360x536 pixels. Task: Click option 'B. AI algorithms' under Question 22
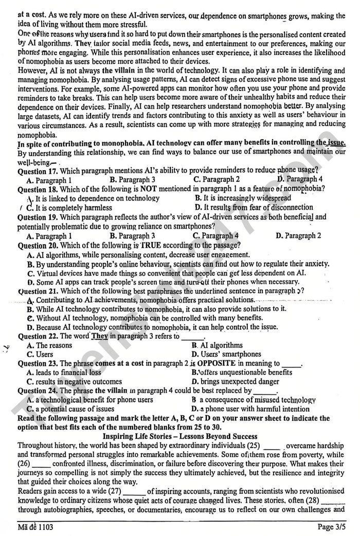click(x=217, y=345)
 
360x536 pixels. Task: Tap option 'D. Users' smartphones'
click(x=226, y=354)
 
